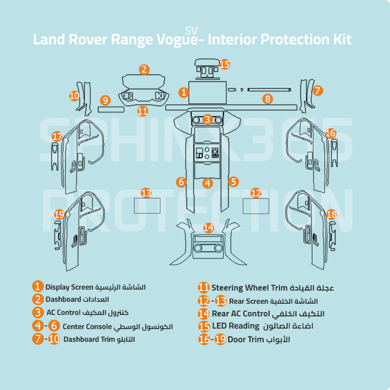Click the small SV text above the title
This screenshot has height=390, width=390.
(x=191, y=30)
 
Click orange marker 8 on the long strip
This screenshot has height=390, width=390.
(x=267, y=99)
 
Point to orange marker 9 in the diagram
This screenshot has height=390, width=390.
(x=105, y=100)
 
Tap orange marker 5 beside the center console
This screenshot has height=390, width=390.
(x=234, y=182)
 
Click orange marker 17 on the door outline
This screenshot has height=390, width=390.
(x=57, y=136)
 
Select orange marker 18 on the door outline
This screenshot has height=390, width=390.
(x=331, y=214)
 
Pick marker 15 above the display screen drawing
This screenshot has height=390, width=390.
(x=224, y=64)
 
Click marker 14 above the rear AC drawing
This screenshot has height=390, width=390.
(x=209, y=228)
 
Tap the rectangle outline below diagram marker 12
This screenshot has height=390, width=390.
(x=256, y=206)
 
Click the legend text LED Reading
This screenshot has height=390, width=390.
(x=235, y=326)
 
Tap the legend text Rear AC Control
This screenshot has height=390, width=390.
(x=241, y=313)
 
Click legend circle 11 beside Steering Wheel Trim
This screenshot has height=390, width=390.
(x=204, y=288)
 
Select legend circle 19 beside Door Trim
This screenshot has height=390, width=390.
(x=220, y=339)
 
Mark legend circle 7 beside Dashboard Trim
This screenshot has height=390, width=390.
(x=38, y=339)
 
